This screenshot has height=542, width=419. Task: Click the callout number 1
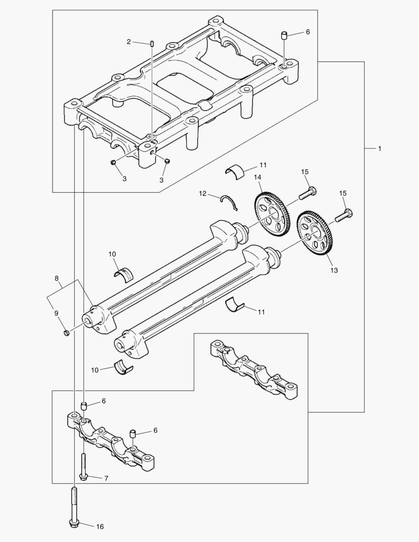[x=380, y=149]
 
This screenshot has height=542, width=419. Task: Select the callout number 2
[x=128, y=42]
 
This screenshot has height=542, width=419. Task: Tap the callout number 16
[x=100, y=526]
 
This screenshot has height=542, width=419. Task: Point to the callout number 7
[x=106, y=478]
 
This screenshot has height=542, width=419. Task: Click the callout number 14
[x=257, y=177]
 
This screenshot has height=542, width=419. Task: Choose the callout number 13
[x=334, y=270]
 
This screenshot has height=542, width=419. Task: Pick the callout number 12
[x=202, y=193]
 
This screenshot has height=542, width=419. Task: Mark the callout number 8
[x=57, y=278]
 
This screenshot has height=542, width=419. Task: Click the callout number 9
[x=56, y=314]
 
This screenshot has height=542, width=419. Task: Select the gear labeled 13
[x=316, y=233]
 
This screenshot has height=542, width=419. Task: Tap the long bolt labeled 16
[x=74, y=504]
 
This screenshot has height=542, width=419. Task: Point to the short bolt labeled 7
[x=83, y=466]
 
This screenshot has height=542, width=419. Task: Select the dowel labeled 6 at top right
[x=284, y=35]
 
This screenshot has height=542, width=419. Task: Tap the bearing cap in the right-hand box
[x=253, y=369]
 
